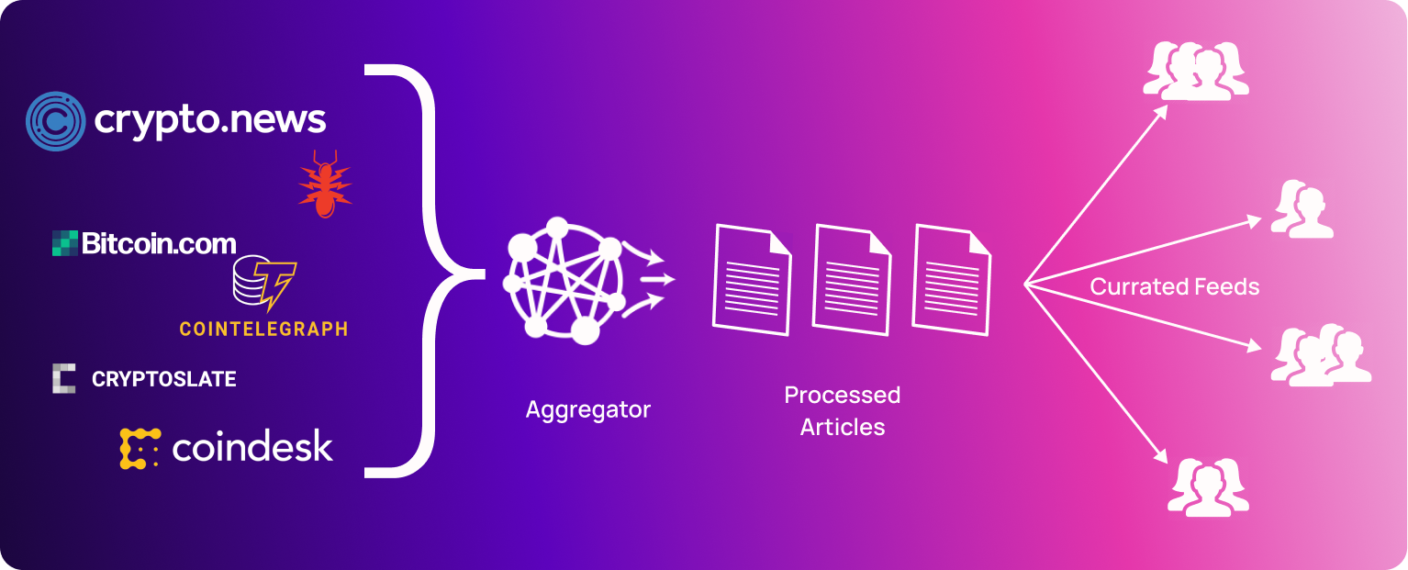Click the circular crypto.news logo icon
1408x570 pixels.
click(55, 121)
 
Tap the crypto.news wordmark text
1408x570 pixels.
click(209, 120)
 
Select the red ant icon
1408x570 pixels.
click(324, 184)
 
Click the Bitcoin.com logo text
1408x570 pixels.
click(159, 243)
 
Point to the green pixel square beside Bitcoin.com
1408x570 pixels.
click(64, 243)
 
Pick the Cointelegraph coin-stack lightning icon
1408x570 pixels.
click(264, 284)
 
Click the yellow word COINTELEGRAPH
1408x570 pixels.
click(263, 329)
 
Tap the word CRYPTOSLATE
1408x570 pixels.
click(164, 379)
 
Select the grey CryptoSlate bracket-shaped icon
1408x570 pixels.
click(63, 378)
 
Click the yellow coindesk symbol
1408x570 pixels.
click(140, 448)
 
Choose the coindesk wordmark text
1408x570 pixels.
click(251, 447)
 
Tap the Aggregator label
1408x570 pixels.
click(587, 409)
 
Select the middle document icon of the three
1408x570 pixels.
click(851, 279)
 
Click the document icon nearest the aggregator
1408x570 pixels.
click(752, 279)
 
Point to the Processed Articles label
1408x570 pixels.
click(842, 410)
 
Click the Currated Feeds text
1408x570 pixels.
click(1174, 287)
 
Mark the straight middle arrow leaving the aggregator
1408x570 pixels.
click(657, 278)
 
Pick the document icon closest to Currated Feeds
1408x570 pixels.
click(951, 279)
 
